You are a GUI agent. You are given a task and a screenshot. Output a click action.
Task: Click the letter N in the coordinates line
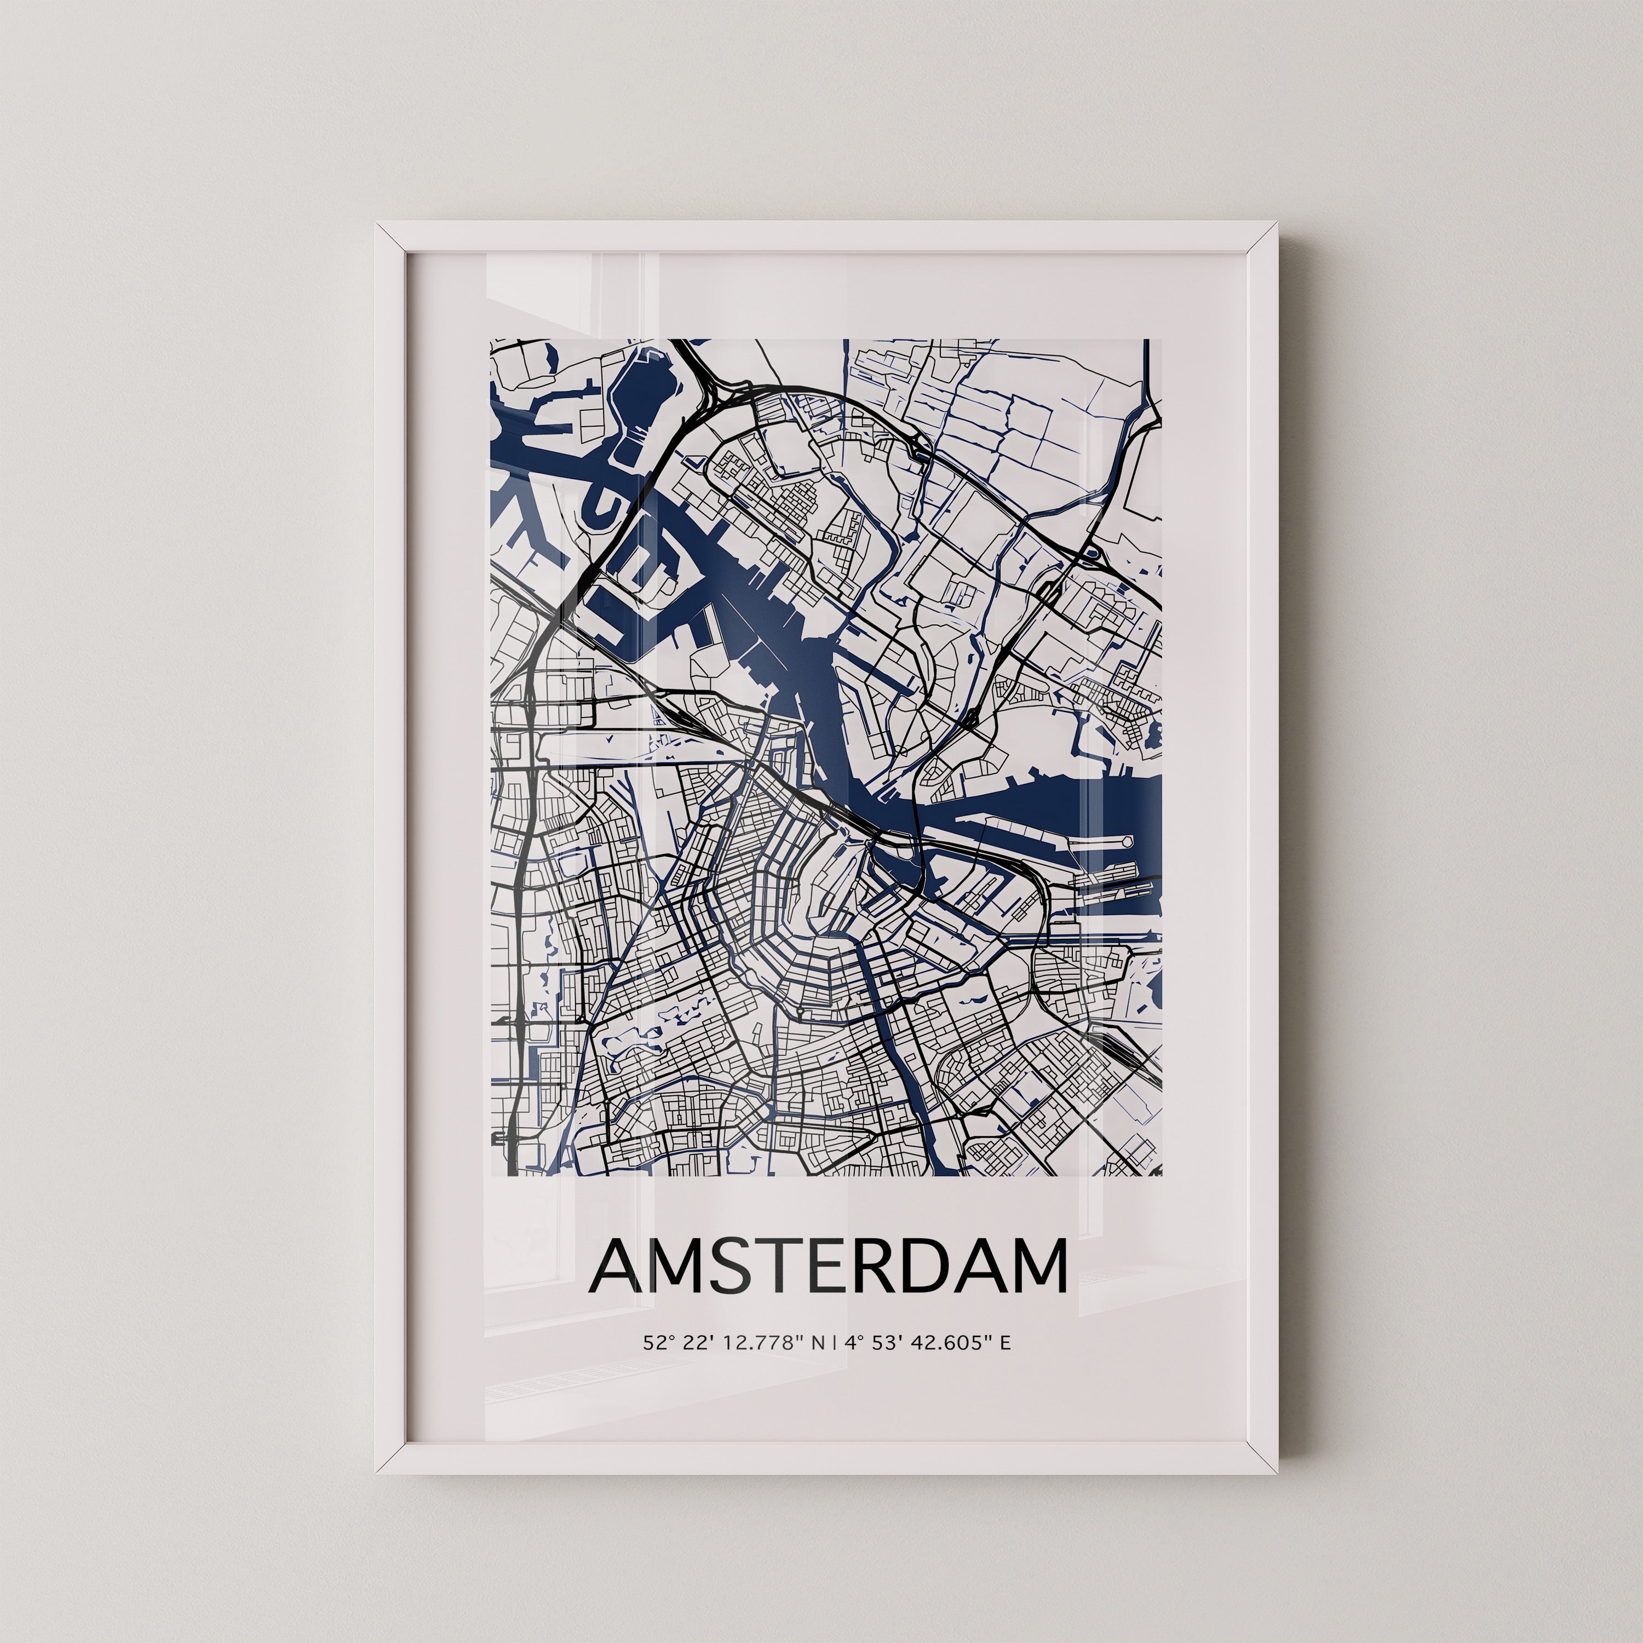pyautogui.click(x=818, y=1366)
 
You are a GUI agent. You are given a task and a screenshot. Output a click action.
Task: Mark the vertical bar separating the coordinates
pyautogui.click(x=836, y=1366)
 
